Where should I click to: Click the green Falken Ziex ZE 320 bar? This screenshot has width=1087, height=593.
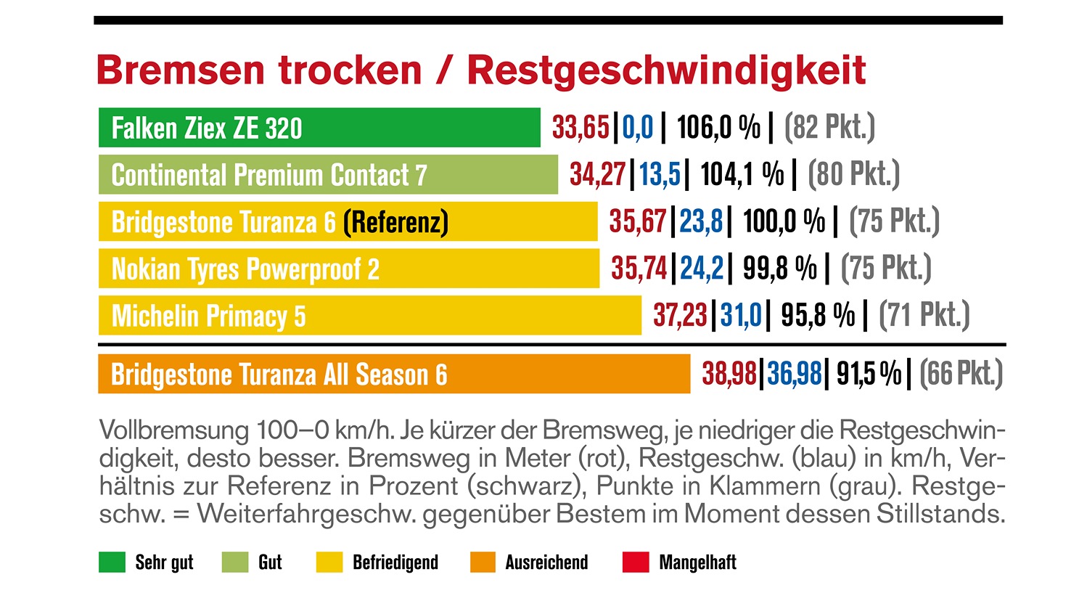pyautogui.click(x=319, y=128)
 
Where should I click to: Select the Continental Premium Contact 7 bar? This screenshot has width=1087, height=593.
pyautogui.click(x=328, y=175)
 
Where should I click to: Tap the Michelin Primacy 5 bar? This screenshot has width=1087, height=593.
pyautogui.click(x=370, y=316)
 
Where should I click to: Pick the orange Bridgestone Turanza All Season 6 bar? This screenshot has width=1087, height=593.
pyautogui.click(x=394, y=375)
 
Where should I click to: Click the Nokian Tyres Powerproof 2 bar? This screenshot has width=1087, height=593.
pyautogui.click(x=349, y=269)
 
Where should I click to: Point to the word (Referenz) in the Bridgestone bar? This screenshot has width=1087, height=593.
pyautogui.click(x=395, y=222)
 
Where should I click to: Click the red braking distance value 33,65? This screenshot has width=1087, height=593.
pyautogui.click(x=581, y=128)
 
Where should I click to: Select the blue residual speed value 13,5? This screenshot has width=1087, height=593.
pyautogui.click(x=660, y=175)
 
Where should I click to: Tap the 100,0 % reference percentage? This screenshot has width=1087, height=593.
pyautogui.click(x=784, y=222)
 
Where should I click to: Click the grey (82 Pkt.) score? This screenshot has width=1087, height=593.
pyautogui.click(x=829, y=128)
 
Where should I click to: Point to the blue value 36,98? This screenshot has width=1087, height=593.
pyautogui.click(x=794, y=375)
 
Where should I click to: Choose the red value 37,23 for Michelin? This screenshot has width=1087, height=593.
pyautogui.click(x=680, y=316)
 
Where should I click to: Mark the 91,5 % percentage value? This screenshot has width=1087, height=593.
pyautogui.click(x=869, y=375)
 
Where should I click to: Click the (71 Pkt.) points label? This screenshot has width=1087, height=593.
pyautogui.click(x=924, y=316)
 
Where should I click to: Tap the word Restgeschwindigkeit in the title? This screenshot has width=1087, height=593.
pyautogui.click(x=666, y=70)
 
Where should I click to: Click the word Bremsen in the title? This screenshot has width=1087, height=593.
pyautogui.click(x=181, y=70)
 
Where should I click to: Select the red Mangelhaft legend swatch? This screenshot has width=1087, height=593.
pyautogui.click(x=636, y=563)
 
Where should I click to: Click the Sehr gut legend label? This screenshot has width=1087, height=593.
pyautogui.click(x=164, y=563)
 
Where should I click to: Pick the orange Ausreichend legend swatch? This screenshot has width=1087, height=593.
pyautogui.click(x=483, y=563)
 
